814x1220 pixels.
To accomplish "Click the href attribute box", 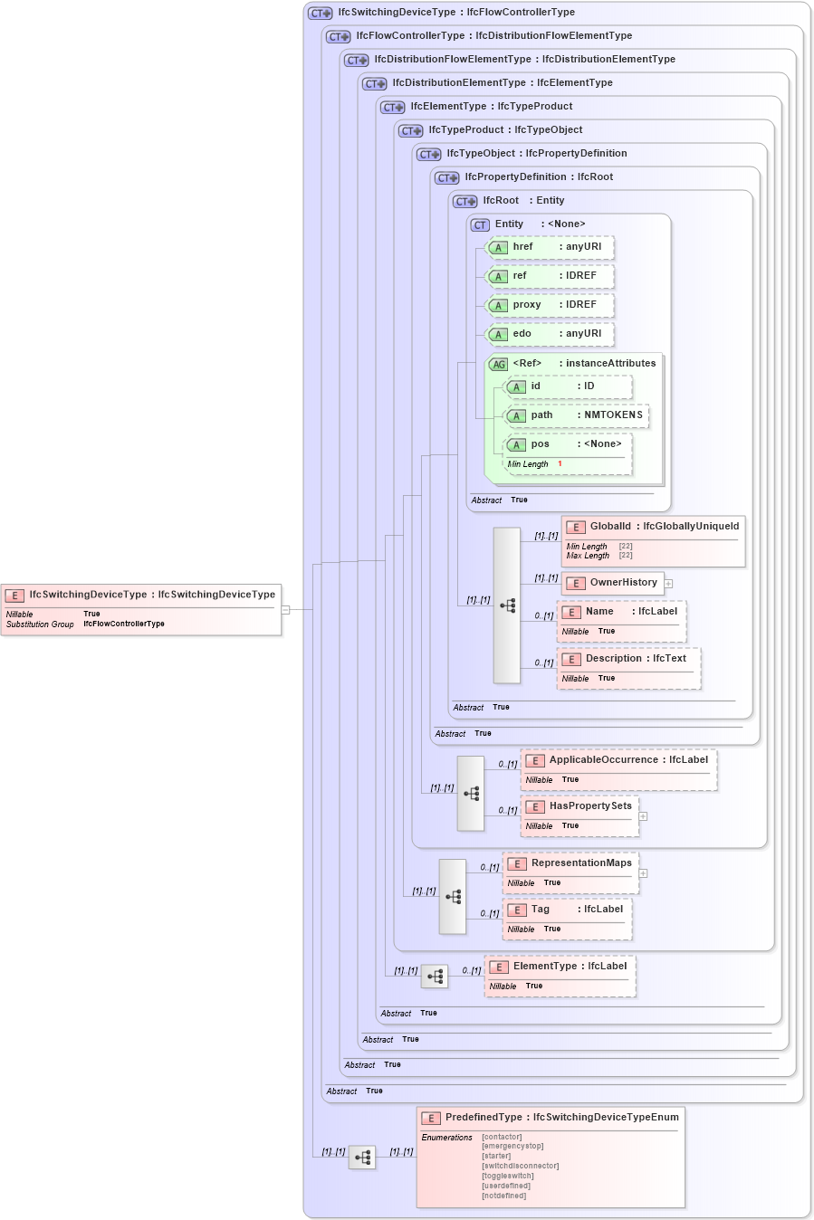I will [551, 247].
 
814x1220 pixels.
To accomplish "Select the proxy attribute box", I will [551, 305].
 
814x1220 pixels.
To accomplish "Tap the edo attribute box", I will [551, 334].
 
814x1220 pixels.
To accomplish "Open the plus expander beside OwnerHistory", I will [668, 584].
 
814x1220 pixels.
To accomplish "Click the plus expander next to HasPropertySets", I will [643, 816].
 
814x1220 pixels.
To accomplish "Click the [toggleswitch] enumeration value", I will [507, 1176].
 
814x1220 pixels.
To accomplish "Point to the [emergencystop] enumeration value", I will [512, 1146].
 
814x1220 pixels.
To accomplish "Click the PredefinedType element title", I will [561, 1118].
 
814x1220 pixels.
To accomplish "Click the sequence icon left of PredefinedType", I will [362, 1158].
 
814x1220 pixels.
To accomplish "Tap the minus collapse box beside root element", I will [285, 610].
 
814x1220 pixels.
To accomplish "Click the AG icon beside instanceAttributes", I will [498, 365].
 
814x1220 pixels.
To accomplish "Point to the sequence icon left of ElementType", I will [435, 977].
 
